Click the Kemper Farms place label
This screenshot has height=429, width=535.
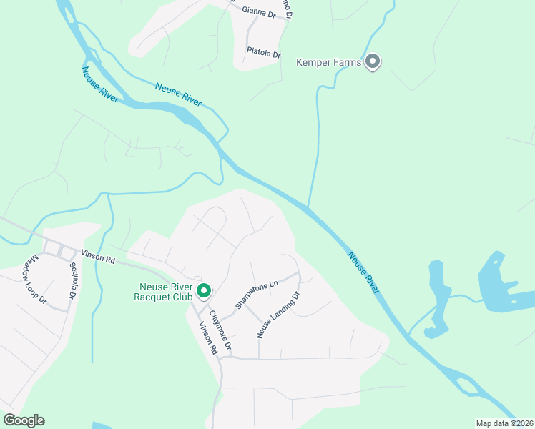point(329,63)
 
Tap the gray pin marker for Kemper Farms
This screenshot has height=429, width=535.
point(372,62)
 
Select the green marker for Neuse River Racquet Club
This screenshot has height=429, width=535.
point(204,290)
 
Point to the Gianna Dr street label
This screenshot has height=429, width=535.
point(259,11)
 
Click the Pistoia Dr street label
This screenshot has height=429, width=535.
point(263,53)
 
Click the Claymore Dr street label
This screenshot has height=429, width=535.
point(220,330)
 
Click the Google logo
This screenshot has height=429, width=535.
point(24,420)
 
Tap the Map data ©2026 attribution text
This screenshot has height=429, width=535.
point(504,423)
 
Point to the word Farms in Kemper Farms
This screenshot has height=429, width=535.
point(348,63)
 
